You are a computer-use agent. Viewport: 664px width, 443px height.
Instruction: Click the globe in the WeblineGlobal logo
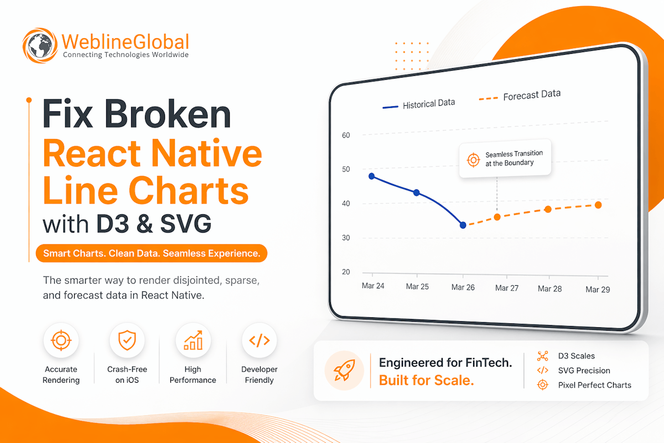[x=40, y=45]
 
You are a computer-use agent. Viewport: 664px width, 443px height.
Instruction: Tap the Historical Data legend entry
[x=418, y=105]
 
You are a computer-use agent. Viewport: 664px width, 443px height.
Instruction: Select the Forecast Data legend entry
[x=520, y=96]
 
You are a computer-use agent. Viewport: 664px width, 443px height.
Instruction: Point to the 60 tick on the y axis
[x=346, y=135]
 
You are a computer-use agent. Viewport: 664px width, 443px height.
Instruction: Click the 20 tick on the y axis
[x=346, y=272]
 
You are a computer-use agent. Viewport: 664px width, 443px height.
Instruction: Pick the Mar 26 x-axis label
[x=463, y=287]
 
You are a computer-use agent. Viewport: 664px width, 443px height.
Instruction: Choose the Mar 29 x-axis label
[x=598, y=289]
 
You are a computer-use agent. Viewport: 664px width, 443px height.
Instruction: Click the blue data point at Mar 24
[x=372, y=176]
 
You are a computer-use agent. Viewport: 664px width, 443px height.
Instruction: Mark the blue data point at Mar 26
[x=463, y=225]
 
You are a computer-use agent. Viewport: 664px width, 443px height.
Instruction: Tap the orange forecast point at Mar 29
[x=598, y=205]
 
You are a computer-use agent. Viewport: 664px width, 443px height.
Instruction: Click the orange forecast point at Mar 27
[x=497, y=217]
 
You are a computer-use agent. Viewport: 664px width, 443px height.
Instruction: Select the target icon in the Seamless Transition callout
[x=474, y=160]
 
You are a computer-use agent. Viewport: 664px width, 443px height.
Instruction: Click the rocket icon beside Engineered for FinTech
[x=344, y=370]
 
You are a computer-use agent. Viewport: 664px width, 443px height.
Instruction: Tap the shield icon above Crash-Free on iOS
[x=127, y=340]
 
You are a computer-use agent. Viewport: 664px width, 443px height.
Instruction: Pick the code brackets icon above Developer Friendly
[x=260, y=341]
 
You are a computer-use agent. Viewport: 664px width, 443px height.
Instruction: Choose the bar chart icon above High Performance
[x=193, y=340]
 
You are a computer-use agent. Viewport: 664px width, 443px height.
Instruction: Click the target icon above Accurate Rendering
[x=61, y=340]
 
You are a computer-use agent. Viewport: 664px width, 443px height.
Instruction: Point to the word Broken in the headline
[x=168, y=114]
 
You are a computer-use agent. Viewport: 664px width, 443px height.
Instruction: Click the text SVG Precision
[x=584, y=370]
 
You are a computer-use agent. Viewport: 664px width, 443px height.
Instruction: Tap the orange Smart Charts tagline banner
[x=152, y=253]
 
